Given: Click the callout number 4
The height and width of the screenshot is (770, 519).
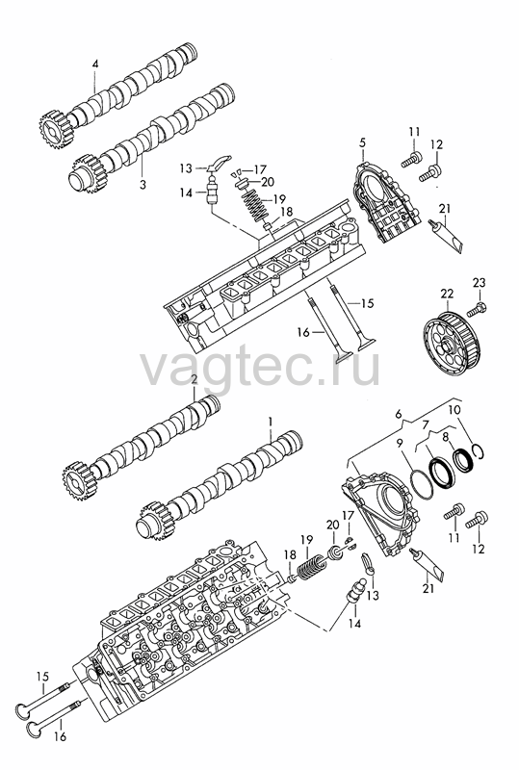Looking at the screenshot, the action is (95, 64).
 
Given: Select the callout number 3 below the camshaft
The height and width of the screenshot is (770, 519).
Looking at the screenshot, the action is (143, 185).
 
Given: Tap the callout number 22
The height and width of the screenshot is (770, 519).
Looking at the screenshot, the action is (447, 294).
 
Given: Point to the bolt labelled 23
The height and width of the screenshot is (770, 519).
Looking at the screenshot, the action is (476, 310).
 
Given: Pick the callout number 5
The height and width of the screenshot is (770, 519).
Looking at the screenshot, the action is (363, 142).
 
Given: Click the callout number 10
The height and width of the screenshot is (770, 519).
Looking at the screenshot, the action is (454, 409).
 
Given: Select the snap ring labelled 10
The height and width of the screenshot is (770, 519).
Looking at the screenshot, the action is (480, 451).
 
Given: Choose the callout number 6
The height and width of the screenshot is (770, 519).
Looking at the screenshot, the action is (399, 415).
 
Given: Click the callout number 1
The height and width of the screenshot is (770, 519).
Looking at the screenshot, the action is (270, 422).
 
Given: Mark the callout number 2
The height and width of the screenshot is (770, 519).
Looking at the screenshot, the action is (194, 379).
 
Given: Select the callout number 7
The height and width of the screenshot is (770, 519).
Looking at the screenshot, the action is (426, 423).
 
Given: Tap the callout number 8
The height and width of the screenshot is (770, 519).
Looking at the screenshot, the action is (445, 437).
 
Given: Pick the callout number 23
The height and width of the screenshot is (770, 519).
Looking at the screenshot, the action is (480, 283).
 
